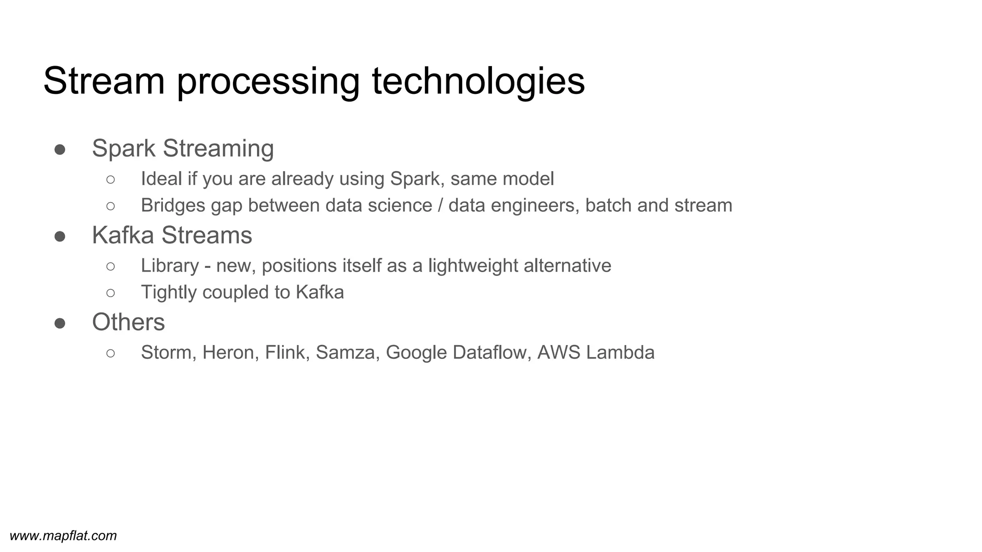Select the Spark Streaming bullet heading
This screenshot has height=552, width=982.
[183, 148]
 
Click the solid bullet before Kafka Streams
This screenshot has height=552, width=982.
[60, 236]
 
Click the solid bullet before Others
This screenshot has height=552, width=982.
[60, 323]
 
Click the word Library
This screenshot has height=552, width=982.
[169, 265]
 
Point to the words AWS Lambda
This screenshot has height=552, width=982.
[596, 353]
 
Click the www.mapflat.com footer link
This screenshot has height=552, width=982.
[63, 536]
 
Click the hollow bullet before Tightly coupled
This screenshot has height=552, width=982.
[110, 293]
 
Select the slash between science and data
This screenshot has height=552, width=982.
[440, 206]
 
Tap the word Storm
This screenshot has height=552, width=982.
[168, 353]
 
